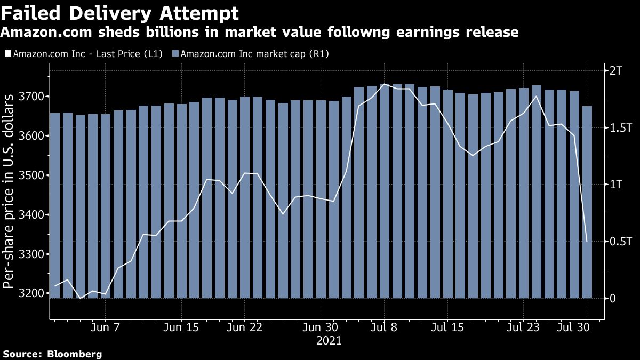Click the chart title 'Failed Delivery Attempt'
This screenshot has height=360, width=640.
[x=119, y=13]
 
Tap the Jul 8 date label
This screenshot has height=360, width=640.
[x=383, y=327]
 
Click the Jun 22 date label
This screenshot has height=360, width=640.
[x=244, y=327]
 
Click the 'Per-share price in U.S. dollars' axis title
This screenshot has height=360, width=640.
[x=9, y=191]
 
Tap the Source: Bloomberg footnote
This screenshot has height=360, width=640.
[x=52, y=354]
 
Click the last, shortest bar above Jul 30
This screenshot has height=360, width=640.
[x=587, y=203]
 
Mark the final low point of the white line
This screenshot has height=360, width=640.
[x=587, y=242]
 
